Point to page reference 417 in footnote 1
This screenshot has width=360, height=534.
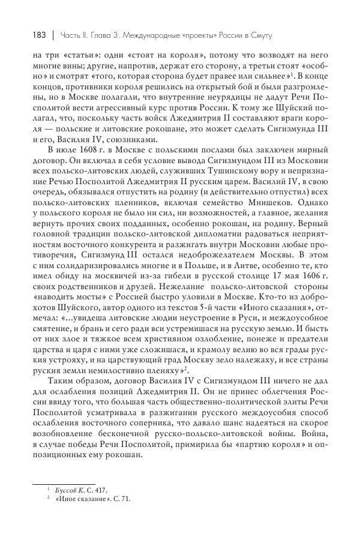[x=98, y=490]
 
